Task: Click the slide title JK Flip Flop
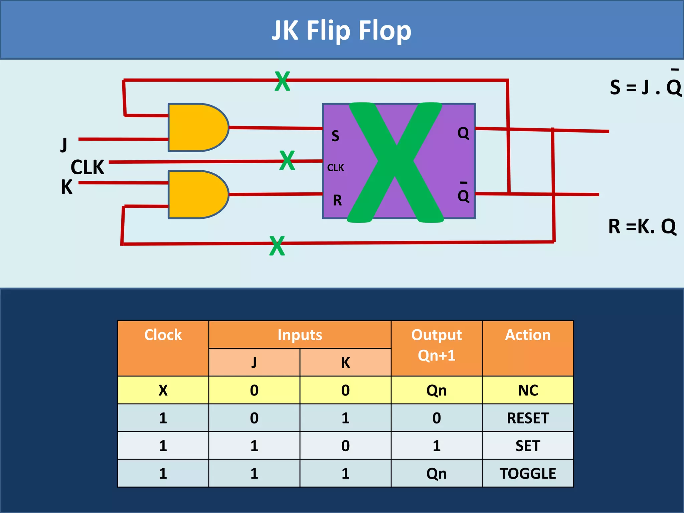click(341, 31)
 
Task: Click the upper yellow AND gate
click(197, 127)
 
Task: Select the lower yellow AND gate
click(197, 194)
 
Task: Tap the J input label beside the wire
click(64, 145)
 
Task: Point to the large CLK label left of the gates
click(88, 167)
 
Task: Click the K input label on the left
click(66, 187)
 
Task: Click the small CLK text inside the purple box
click(335, 168)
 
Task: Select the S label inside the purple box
click(335, 136)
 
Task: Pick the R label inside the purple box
click(337, 200)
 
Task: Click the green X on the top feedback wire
click(282, 81)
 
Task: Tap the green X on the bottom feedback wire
click(277, 246)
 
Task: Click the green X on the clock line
click(287, 160)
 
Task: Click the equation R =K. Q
click(642, 226)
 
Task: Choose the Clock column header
click(163, 335)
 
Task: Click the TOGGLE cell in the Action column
click(528, 474)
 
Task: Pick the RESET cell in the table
click(528, 418)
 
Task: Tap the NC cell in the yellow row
click(528, 390)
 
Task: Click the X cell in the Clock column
click(163, 390)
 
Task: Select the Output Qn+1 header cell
click(437, 345)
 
